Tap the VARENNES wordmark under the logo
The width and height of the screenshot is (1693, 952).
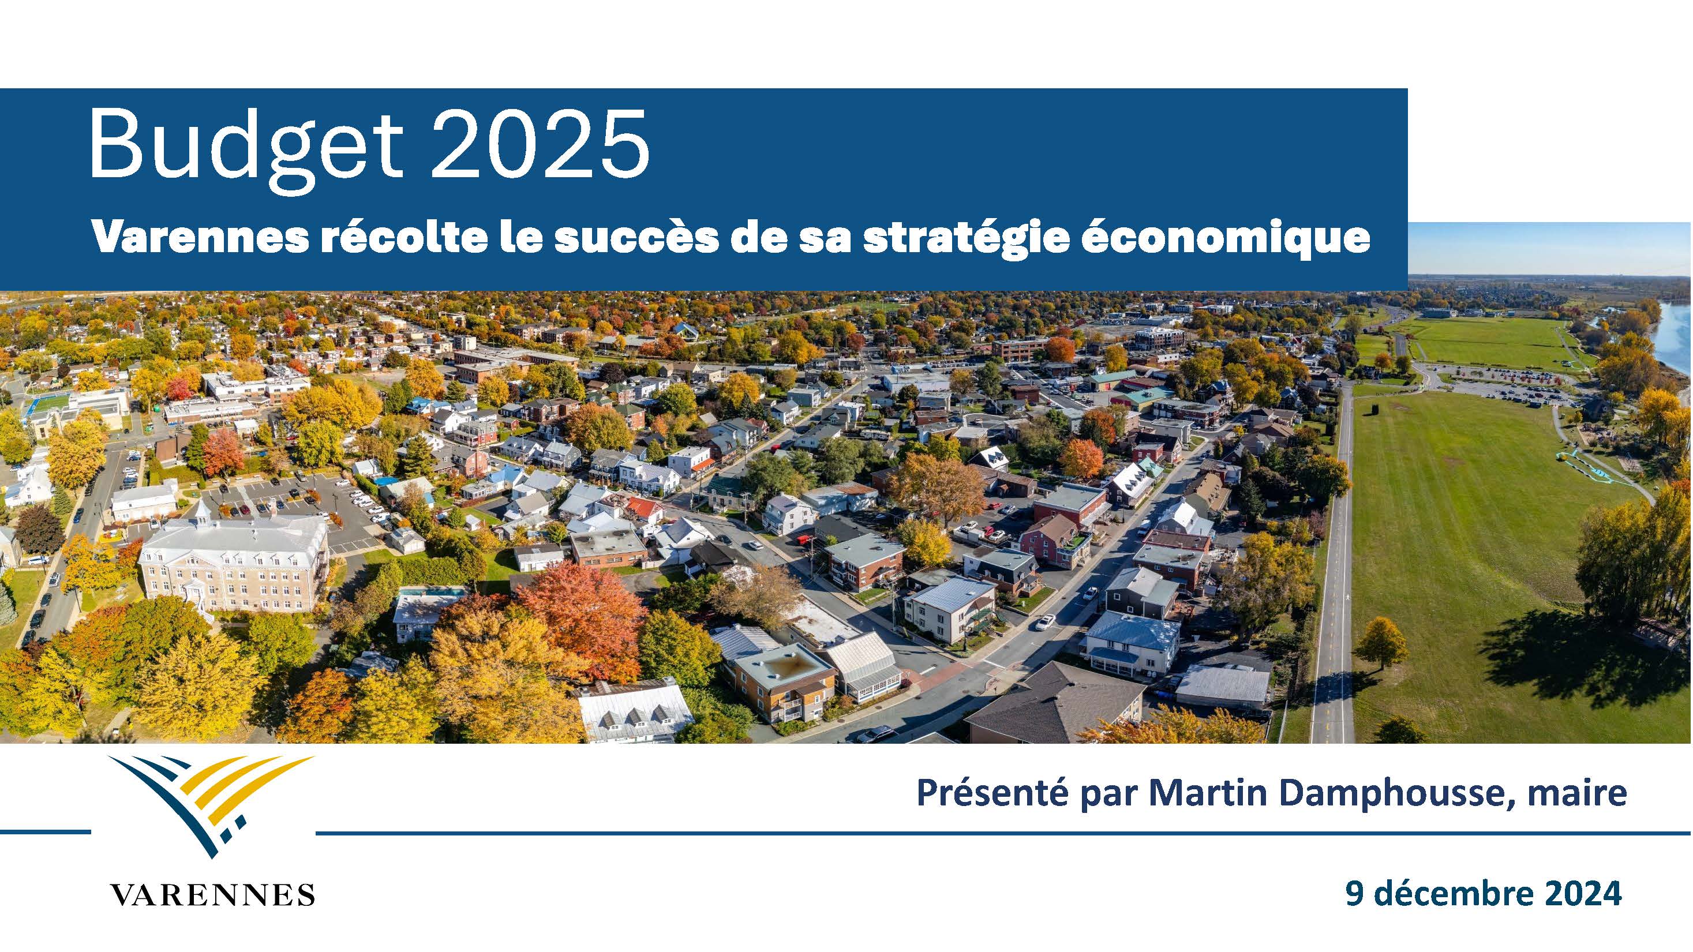tap(212, 894)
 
